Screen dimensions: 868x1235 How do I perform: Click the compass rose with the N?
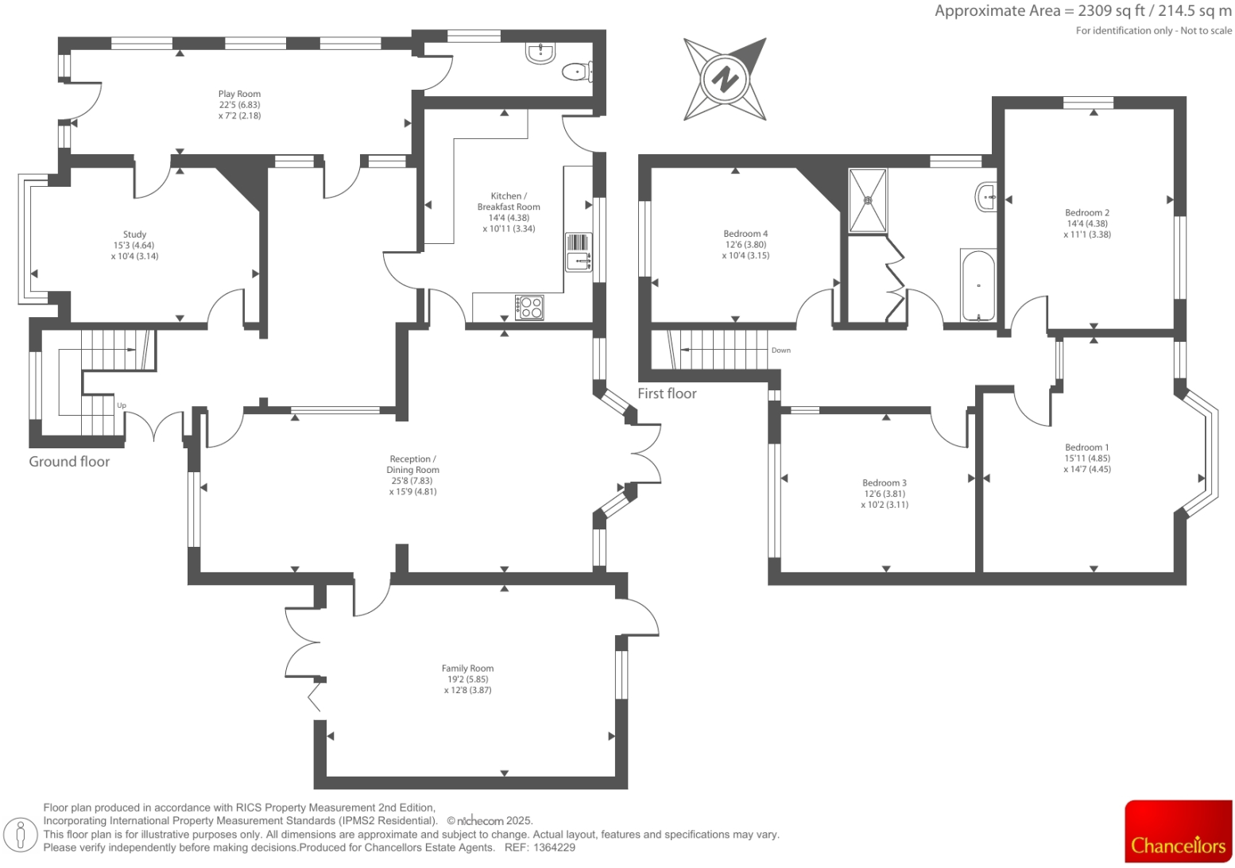(x=724, y=79)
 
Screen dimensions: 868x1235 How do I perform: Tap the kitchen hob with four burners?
(x=529, y=308)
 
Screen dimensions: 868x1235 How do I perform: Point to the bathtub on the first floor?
(x=978, y=286)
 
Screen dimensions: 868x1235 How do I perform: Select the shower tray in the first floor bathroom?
(x=867, y=200)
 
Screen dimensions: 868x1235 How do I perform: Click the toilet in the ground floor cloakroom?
(x=575, y=72)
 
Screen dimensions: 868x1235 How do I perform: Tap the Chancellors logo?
(x=1178, y=831)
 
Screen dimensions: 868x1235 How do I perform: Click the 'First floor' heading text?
(x=667, y=393)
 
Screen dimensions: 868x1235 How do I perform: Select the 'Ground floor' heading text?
(x=69, y=462)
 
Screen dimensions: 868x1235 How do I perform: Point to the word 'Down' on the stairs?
(x=780, y=351)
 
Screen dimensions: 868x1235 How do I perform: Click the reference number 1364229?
(x=554, y=848)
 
